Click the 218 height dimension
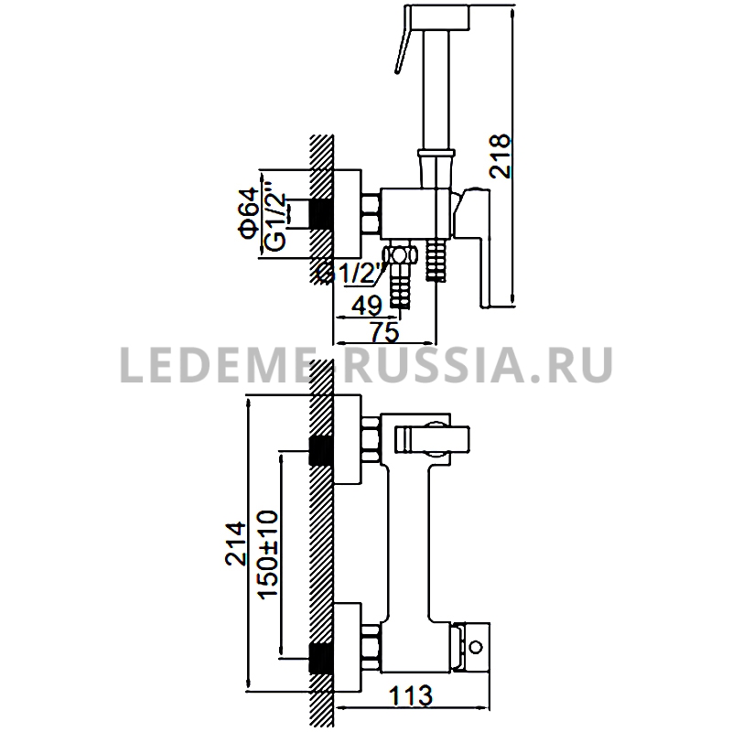pos(500,156)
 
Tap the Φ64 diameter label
pos(248,213)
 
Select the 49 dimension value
pos(367,306)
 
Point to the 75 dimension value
pos(384,332)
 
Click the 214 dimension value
pos(236,544)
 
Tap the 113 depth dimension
pos(411,696)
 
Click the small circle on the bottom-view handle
pos(476,648)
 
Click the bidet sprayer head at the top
pos(438,18)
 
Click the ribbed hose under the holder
pos(436,261)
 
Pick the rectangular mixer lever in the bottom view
pos(432,440)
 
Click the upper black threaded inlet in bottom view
pos(321,450)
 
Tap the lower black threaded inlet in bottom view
pos(321,658)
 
